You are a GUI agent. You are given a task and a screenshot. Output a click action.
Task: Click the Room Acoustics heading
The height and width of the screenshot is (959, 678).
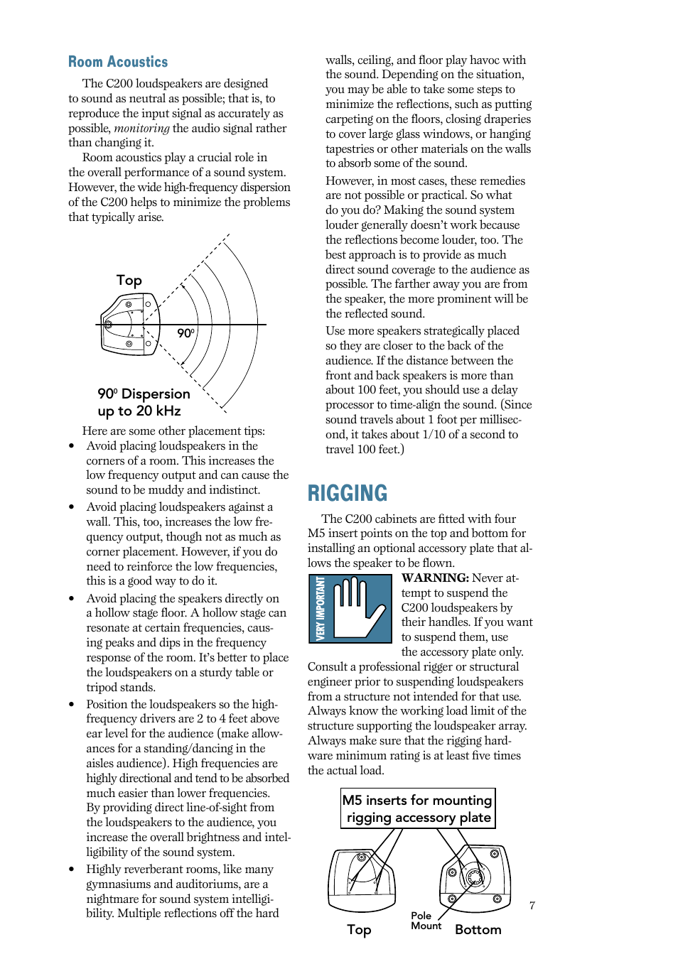(118, 62)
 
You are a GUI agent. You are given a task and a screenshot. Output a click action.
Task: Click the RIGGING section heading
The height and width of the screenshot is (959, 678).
(348, 493)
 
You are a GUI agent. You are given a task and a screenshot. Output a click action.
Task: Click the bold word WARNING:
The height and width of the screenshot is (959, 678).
(434, 578)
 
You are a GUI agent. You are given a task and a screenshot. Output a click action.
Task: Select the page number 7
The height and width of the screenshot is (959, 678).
(532, 905)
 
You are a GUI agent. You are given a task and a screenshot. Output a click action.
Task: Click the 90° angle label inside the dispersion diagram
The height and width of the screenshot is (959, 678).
(185, 333)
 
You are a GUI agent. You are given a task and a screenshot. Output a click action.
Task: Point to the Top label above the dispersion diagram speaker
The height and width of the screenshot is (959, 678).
(129, 281)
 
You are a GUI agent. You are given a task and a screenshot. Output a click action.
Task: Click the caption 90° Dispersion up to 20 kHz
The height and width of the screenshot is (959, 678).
(144, 402)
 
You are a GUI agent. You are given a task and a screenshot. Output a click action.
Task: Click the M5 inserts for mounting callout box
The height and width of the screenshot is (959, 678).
(417, 808)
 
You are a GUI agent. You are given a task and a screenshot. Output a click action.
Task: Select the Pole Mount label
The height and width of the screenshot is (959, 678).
(425, 921)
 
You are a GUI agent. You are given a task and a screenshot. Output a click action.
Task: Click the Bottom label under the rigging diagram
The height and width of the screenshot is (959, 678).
(478, 930)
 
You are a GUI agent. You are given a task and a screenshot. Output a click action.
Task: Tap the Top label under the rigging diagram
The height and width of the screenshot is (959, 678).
(359, 930)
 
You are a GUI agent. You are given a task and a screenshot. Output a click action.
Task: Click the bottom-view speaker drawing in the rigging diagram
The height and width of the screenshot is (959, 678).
(475, 878)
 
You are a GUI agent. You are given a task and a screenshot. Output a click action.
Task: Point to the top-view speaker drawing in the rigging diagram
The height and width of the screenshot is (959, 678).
(362, 879)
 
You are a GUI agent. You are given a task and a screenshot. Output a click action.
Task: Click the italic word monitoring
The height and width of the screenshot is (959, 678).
(141, 129)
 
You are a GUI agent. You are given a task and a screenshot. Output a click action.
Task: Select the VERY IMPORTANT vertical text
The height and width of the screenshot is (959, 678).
(320, 608)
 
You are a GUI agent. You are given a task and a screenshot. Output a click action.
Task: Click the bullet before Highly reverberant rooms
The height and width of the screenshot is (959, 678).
(72, 869)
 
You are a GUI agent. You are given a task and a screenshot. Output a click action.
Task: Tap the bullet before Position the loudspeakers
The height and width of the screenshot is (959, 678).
(72, 705)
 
